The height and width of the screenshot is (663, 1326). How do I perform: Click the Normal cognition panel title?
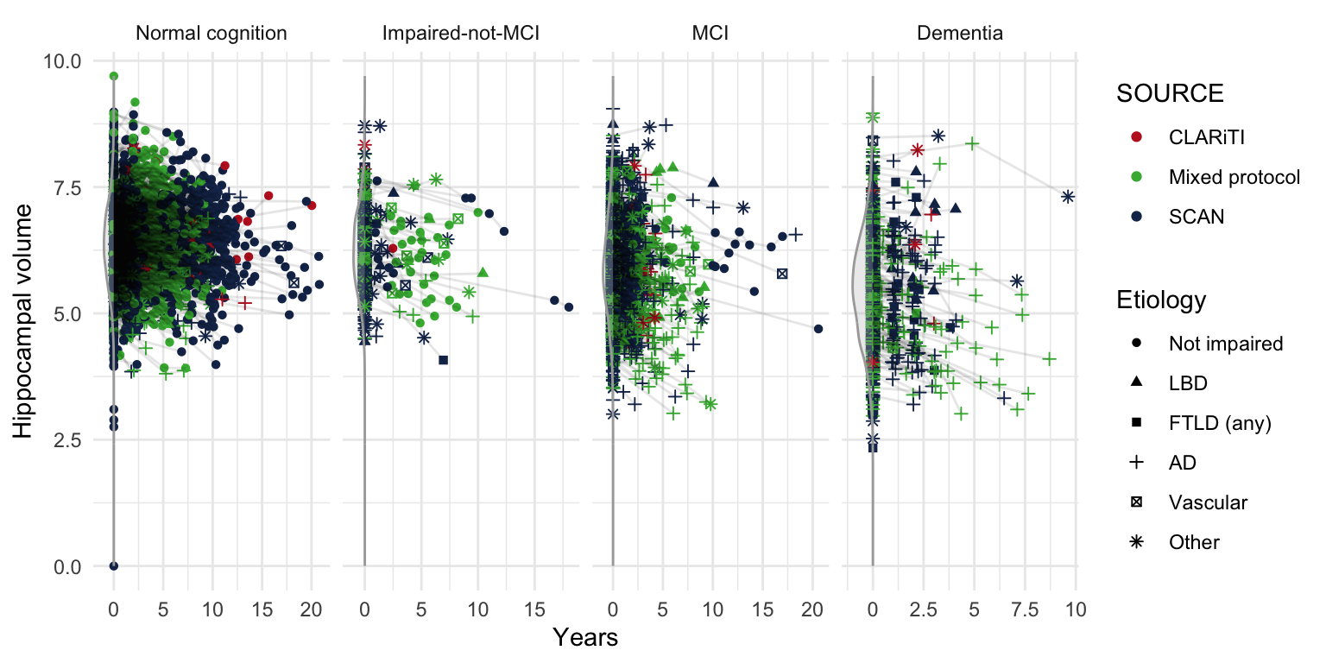(212, 35)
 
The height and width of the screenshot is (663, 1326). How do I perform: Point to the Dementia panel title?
(961, 35)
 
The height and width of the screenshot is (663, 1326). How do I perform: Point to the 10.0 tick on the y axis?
(62, 61)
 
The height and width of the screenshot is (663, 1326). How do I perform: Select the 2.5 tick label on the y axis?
(67, 440)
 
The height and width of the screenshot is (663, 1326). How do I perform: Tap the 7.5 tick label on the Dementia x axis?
(1025, 609)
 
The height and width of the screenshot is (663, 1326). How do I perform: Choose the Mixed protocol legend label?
(1234, 178)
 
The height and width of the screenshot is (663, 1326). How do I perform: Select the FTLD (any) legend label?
(1221, 423)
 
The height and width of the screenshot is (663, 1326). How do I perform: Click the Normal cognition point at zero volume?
(113, 566)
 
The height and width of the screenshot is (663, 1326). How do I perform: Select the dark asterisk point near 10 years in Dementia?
(1068, 197)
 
